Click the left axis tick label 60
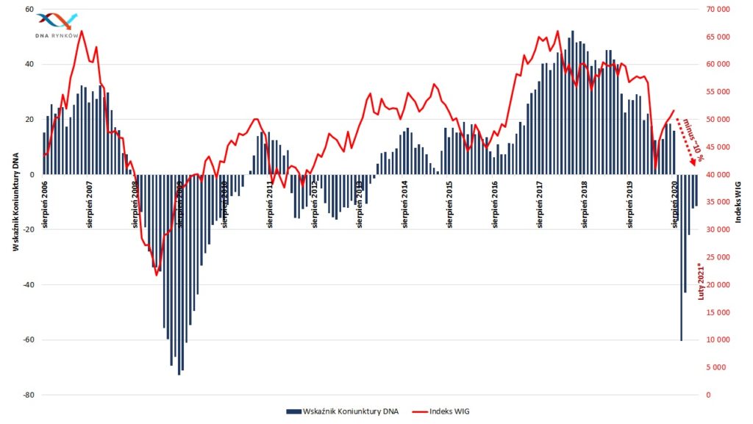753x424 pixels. pyautogui.click(x=29, y=10)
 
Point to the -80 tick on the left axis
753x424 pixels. pyautogui.click(x=28, y=395)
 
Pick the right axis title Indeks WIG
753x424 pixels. pyautogui.click(x=738, y=199)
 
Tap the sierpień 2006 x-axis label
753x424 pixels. pyautogui.click(x=46, y=201)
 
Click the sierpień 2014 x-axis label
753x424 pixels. pyautogui.click(x=405, y=201)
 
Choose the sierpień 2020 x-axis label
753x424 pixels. pyautogui.click(x=675, y=201)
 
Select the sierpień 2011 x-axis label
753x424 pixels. pyautogui.click(x=271, y=201)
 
